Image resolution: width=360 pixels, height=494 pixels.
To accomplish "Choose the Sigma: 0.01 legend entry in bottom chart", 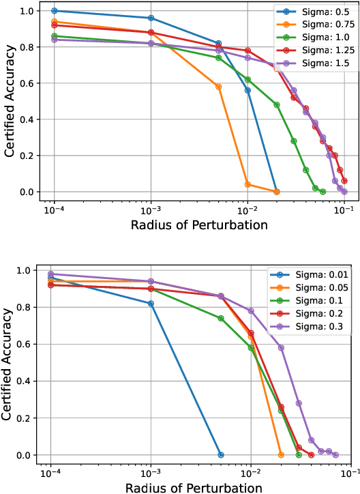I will [x=314, y=276].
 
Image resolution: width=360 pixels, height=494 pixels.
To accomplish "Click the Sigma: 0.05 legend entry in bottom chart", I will [x=314, y=289].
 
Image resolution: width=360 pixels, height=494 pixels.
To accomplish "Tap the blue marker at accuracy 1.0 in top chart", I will [x=55, y=11].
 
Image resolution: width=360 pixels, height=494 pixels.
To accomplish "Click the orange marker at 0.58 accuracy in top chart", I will [x=218, y=87].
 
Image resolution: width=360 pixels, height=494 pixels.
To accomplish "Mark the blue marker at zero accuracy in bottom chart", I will [x=220, y=454].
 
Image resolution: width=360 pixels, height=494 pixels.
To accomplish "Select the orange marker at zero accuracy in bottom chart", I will [x=280, y=454].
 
